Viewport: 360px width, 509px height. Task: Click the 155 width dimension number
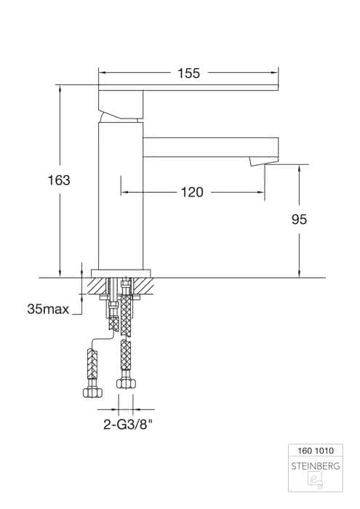pos(188,73)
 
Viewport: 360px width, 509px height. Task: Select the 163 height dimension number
pos(59,180)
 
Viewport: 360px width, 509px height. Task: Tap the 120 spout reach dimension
pos(192,192)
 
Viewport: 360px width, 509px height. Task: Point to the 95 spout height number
pos(299,220)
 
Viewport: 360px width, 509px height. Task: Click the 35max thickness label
pos(49,309)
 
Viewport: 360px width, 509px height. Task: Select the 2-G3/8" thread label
pos(128,424)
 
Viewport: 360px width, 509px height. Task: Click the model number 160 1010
pos(316,451)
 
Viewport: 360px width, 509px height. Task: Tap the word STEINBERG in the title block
pos(316,466)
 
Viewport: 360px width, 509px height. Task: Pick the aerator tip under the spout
pos(263,161)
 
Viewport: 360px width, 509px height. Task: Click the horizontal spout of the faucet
pos(211,148)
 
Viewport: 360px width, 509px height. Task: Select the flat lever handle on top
pos(188,88)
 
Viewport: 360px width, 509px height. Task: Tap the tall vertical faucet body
pos(121,196)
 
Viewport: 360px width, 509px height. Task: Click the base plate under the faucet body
pos(121,273)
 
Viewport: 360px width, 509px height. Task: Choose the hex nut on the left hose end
pos(92,393)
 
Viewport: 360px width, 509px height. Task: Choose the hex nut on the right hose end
pos(127,384)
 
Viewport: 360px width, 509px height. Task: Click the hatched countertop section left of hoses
pos(97,286)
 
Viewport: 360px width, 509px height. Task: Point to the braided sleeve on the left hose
pos(92,364)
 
